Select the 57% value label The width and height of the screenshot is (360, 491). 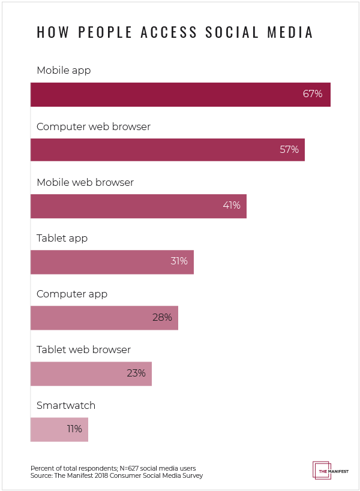(x=289, y=149)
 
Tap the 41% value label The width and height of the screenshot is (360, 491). (x=231, y=205)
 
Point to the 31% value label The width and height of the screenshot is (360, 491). (x=178, y=261)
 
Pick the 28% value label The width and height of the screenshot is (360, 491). (x=162, y=317)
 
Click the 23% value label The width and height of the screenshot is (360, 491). (x=136, y=373)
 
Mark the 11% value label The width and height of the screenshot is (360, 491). (x=74, y=429)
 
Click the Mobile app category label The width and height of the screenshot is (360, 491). (x=64, y=71)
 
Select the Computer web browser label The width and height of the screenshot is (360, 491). (x=93, y=126)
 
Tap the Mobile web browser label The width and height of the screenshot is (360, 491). (x=85, y=182)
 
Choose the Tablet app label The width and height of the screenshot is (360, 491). (x=62, y=238)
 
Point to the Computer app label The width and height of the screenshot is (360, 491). (x=72, y=294)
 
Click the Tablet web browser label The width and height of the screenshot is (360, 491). (x=83, y=350)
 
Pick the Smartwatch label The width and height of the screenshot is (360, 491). (x=66, y=405)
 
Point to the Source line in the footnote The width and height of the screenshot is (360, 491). (x=116, y=475)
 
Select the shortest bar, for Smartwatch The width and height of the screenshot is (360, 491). (x=59, y=429)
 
